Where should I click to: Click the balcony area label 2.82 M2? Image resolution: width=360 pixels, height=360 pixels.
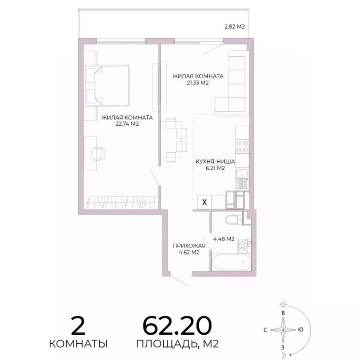click(235, 27)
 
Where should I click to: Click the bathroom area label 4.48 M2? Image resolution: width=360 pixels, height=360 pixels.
click(224, 239)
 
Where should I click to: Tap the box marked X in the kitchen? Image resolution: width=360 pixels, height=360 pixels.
click(204, 202)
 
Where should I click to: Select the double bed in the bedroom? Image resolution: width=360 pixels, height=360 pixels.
click(107, 85)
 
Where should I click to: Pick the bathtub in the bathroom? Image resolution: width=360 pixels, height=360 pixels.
click(229, 262)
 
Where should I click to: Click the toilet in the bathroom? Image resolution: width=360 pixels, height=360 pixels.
click(232, 220)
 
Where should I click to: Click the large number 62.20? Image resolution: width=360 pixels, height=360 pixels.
click(177, 325)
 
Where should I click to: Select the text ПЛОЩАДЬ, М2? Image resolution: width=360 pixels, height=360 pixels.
click(178, 345)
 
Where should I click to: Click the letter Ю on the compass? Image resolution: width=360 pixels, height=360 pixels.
click(300, 329)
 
